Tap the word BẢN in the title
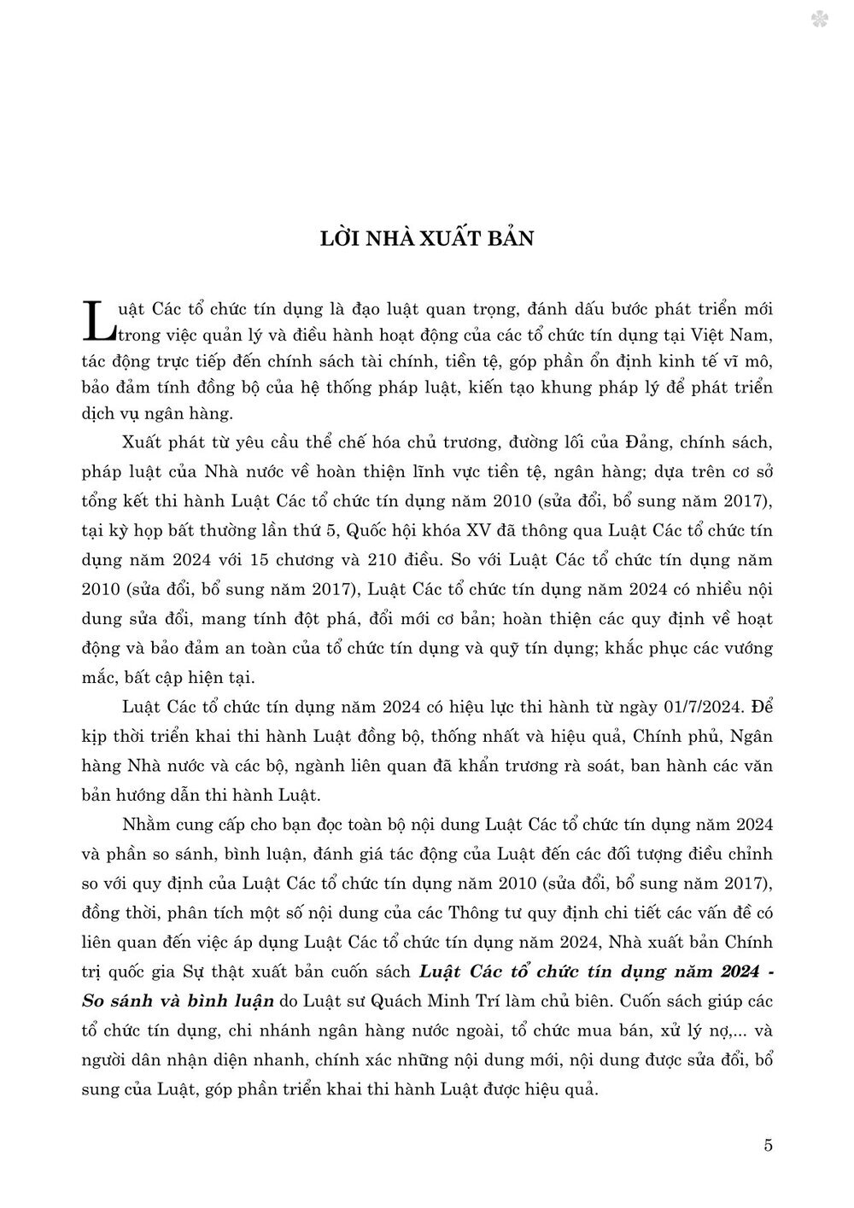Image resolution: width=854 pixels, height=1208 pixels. pos(507,237)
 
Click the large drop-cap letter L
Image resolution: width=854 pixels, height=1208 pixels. pos(100,319)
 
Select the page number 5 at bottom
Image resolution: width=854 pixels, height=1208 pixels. pos(769,1146)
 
